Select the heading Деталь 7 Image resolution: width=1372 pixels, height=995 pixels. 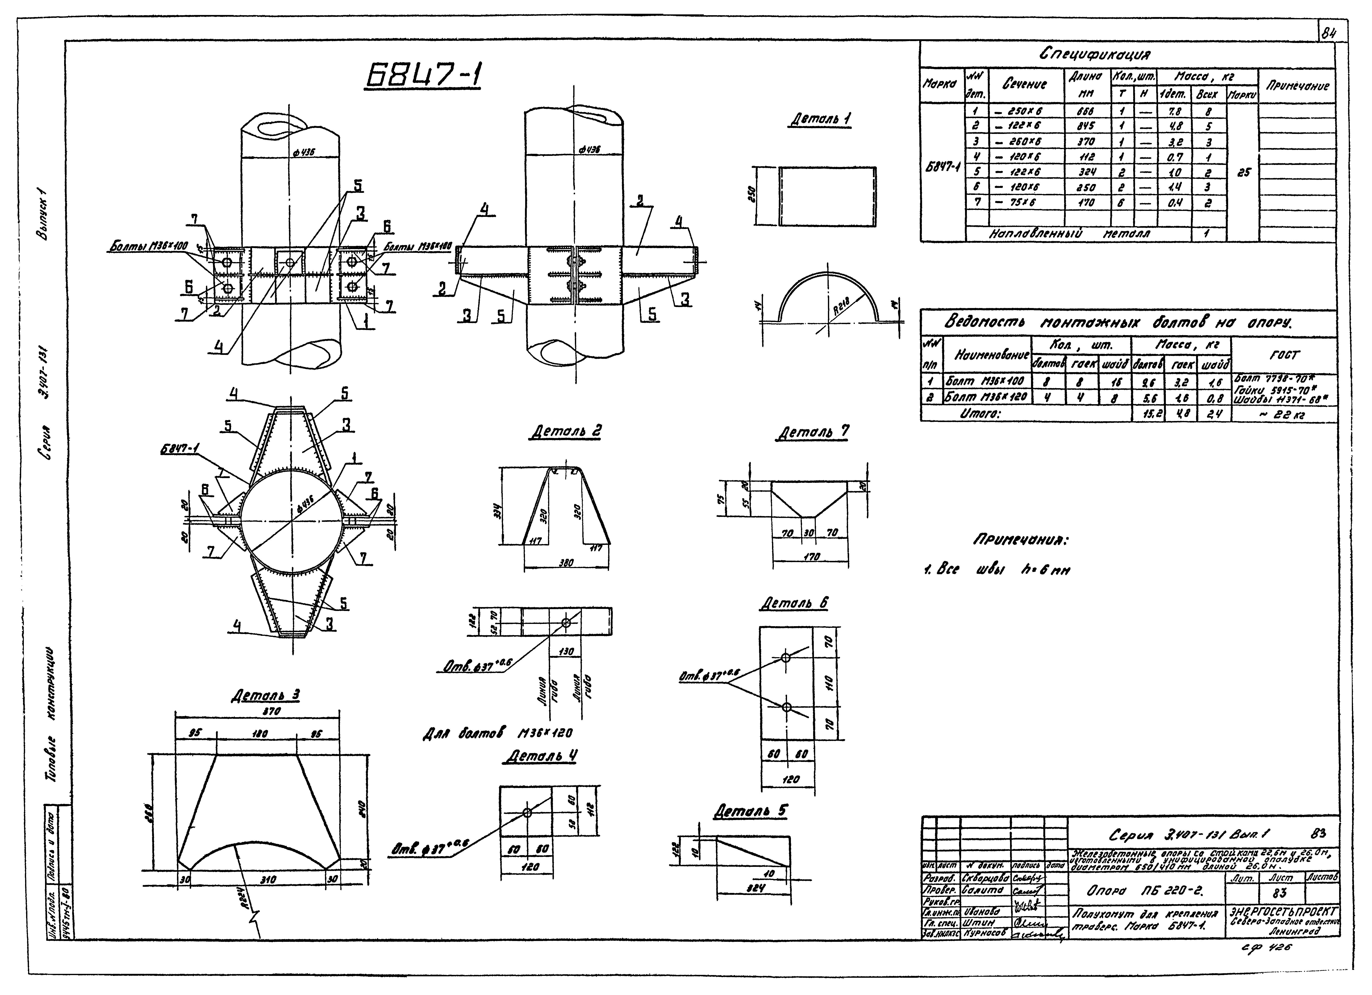[813, 432]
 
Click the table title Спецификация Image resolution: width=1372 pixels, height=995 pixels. [1095, 54]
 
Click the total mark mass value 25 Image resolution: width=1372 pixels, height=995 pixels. [1243, 172]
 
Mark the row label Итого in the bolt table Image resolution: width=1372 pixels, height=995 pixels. [980, 413]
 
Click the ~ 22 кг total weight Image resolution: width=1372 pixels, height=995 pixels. [1283, 415]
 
